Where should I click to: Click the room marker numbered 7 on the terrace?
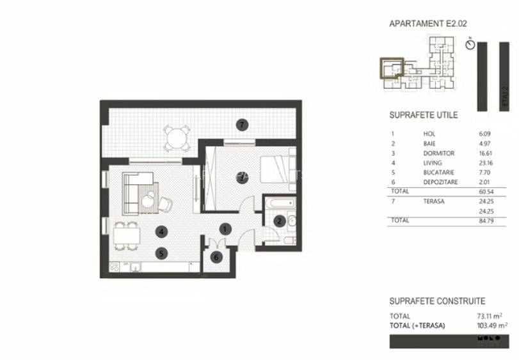[x=241, y=124]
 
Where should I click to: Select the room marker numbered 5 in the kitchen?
[x=163, y=253]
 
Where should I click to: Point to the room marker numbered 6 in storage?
[x=216, y=257]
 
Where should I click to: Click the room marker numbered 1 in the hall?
[x=225, y=228]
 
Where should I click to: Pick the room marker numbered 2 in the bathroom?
[x=279, y=221]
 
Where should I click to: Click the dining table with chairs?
[x=128, y=237]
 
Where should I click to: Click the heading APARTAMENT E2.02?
[x=428, y=24]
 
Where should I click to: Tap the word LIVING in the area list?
[x=433, y=164]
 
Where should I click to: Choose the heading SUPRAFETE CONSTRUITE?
[x=437, y=301]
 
